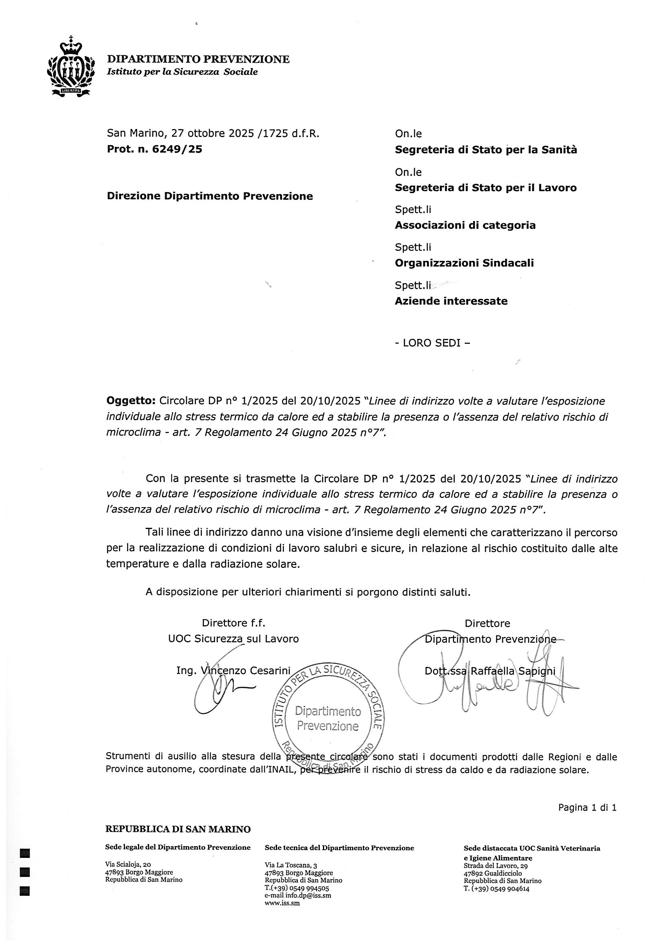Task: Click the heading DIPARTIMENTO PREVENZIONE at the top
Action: click(198, 59)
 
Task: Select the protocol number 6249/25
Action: click(177, 149)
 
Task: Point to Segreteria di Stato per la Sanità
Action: click(486, 150)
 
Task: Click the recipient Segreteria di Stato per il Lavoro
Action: click(486, 188)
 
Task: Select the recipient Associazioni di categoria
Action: click(465, 225)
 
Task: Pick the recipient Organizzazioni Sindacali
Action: click(464, 263)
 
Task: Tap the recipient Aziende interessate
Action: click(451, 301)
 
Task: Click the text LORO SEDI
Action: click(432, 343)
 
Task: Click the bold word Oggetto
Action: click(130, 401)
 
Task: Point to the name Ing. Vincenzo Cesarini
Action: click(233, 671)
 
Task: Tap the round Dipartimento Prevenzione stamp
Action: click(328, 719)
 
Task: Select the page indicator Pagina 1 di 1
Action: click(587, 808)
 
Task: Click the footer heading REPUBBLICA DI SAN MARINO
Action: click(178, 830)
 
